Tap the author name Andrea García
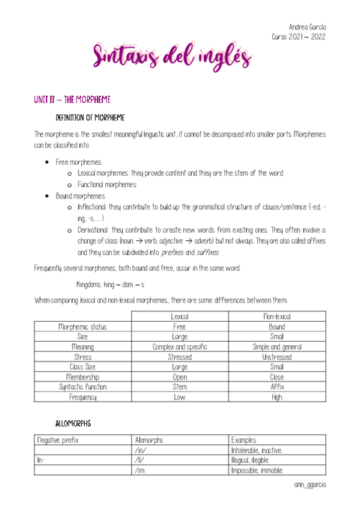[307, 27]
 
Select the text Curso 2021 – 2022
[299, 36]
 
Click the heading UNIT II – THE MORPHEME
[72, 99]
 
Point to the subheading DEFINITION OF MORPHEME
[90, 117]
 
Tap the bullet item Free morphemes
[78, 162]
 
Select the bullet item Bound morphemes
[80, 196]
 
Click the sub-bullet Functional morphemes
[107, 185]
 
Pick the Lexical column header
[180, 316]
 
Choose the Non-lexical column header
[276, 316]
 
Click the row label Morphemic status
[82, 327]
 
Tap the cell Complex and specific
[180, 347]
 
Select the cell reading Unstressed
[276, 357]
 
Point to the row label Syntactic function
[82, 387]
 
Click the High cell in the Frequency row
[276, 397]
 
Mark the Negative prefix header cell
[58, 440]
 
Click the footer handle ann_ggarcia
[310, 484]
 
